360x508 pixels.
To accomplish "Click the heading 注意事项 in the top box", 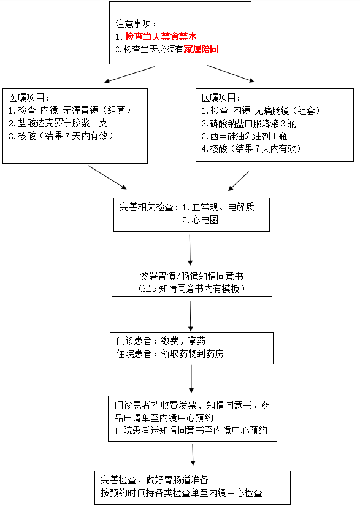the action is tap(136, 24).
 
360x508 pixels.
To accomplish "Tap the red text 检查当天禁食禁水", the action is tap(161, 36).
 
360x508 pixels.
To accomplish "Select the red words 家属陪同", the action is tap(201, 49).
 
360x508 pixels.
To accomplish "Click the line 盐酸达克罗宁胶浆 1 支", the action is tap(58, 123).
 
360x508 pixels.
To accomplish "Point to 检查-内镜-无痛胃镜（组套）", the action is tap(70, 110).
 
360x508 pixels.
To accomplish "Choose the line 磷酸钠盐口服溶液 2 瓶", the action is tap(248, 123).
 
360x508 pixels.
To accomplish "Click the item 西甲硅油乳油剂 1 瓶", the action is tap(245, 136).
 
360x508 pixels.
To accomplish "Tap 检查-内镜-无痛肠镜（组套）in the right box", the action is tap(261, 111).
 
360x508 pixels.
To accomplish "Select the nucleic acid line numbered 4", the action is tap(251, 149).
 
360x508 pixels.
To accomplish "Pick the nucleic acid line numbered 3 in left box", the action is tap(61, 136).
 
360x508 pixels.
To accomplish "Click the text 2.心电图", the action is tap(200, 220).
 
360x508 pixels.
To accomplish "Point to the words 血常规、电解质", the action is tap(223, 207).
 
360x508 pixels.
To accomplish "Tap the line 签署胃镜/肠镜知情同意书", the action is tap(192, 276).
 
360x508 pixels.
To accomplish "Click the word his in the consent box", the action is tap(149, 289).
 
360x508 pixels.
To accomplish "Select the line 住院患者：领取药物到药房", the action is tap(170, 354).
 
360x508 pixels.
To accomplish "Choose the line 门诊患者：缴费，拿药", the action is tap(161, 341).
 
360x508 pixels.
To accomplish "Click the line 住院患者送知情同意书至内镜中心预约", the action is tap(191, 431).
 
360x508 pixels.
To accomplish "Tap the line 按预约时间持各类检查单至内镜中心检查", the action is tap(182, 493).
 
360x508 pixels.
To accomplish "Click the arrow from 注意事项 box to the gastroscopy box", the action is tap(129, 74).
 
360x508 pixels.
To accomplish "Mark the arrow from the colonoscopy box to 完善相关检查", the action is tap(239, 181).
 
